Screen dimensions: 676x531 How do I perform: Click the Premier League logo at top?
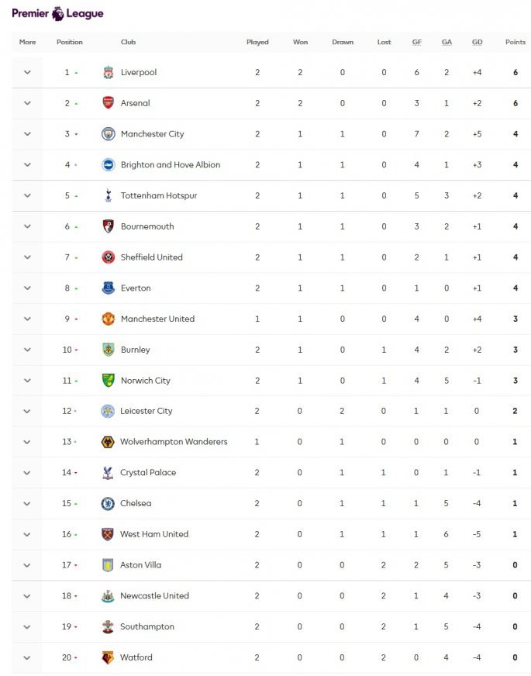(57, 13)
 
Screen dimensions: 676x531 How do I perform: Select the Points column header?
(515, 42)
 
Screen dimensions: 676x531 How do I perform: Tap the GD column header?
(477, 42)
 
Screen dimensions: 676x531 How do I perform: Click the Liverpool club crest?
(108, 72)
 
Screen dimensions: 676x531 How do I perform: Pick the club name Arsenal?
(136, 103)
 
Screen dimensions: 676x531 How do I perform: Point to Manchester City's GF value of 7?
(417, 134)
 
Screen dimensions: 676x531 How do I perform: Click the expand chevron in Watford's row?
(27, 657)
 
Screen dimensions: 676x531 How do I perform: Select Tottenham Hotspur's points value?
(515, 195)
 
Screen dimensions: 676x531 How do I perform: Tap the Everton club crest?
(108, 288)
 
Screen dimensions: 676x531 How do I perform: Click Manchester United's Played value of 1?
(257, 319)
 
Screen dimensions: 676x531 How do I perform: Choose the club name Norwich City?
(146, 381)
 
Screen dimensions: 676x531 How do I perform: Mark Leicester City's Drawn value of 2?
(342, 411)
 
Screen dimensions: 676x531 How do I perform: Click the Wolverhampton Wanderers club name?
(174, 442)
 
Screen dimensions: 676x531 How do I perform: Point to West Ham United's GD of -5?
(477, 534)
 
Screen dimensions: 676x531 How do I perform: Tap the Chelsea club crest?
(108, 503)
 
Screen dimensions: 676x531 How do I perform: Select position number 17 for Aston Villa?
(67, 565)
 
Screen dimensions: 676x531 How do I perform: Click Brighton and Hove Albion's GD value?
(477, 164)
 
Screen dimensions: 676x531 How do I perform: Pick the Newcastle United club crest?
(108, 595)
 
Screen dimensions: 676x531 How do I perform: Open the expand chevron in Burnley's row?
(27, 350)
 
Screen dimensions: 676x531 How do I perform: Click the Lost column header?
(384, 42)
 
